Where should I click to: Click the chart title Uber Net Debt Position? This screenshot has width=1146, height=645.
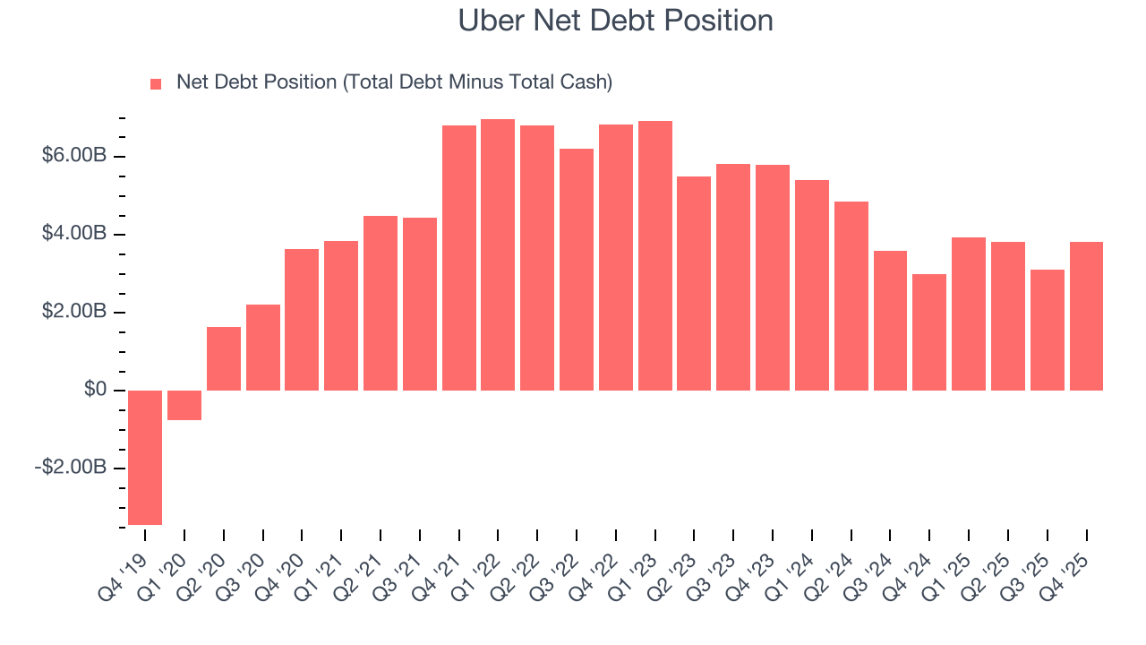pyautogui.click(x=615, y=21)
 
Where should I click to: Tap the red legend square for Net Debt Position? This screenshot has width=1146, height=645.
pyautogui.click(x=156, y=83)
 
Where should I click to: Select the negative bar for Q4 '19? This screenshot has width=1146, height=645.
pyautogui.click(x=145, y=457)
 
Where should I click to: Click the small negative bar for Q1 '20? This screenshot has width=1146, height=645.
pyautogui.click(x=184, y=405)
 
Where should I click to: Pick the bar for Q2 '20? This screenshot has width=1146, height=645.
pyautogui.click(x=224, y=358)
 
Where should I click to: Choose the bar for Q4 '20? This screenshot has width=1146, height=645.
pyautogui.click(x=302, y=320)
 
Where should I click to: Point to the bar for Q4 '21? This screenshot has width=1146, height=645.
pyautogui.click(x=458, y=258)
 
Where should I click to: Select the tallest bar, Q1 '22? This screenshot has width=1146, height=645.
pyautogui.click(x=498, y=255)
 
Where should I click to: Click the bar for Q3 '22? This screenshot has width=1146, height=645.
pyautogui.click(x=577, y=270)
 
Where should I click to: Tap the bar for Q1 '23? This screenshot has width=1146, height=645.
pyautogui.click(x=654, y=256)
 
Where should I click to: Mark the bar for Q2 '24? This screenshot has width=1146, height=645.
pyautogui.click(x=851, y=296)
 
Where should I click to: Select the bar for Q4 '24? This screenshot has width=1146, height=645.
pyautogui.click(x=929, y=332)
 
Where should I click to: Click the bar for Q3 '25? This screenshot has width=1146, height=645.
pyautogui.click(x=1047, y=330)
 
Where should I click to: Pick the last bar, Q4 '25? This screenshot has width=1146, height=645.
pyautogui.click(x=1086, y=316)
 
